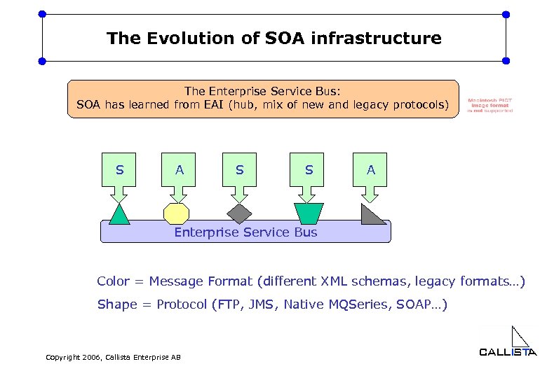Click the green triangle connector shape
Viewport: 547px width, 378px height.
click(x=120, y=214)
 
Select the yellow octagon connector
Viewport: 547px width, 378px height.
click(x=176, y=213)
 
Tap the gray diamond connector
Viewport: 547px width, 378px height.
click(x=239, y=213)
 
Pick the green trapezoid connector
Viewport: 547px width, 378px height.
click(x=309, y=213)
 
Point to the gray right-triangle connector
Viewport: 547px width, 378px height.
click(x=371, y=214)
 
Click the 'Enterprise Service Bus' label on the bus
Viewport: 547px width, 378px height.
click(x=245, y=232)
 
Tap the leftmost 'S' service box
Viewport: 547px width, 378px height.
click(x=120, y=171)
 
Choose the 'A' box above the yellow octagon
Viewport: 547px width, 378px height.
click(x=180, y=171)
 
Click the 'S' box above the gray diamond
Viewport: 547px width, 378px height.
click(x=240, y=171)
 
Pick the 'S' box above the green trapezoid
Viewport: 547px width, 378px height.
click(x=309, y=171)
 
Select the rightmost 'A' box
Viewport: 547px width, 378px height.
click(x=371, y=171)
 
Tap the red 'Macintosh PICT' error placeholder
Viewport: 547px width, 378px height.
click(x=490, y=105)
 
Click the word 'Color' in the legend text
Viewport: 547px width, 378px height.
click(x=113, y=281)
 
